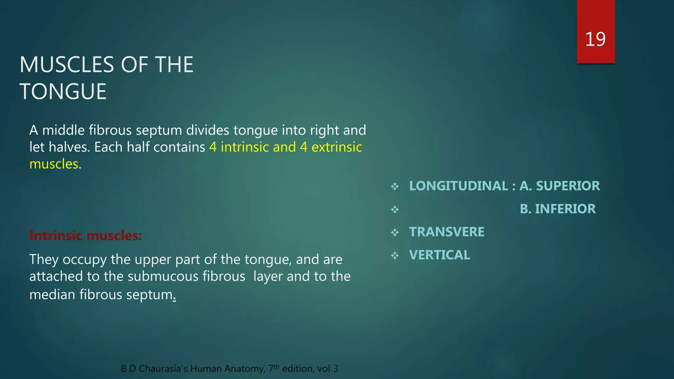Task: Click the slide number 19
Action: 595,39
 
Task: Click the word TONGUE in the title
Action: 63,91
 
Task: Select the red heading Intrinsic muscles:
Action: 85,236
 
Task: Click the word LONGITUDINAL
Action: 458,186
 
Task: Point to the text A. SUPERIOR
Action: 559,186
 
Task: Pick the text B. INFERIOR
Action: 557,209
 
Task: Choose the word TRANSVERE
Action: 447,232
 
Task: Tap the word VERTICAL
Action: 439,255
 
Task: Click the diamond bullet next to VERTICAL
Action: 395,256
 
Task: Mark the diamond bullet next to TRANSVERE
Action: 395,233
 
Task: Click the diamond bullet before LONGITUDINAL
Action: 395,187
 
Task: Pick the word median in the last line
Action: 52,294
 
